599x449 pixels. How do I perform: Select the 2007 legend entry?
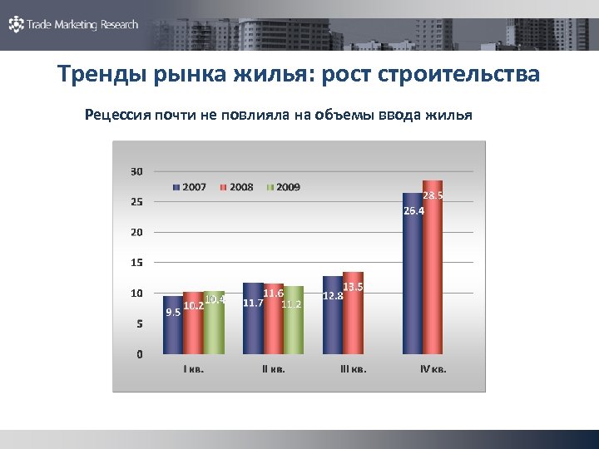point(190,187)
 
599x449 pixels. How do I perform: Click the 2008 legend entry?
point(236,187)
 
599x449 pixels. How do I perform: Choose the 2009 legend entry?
point(284,187)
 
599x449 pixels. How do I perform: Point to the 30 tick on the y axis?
point(136,171)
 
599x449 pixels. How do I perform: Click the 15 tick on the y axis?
point(136,263)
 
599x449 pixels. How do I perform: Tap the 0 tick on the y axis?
point(139,354)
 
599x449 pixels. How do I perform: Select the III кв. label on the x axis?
point(353,369)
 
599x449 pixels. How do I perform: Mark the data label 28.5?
point(433,195)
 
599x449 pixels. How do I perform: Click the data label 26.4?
point(413,211)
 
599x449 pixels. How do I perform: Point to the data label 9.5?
point(173,313)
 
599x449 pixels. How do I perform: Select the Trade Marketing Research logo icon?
point(16,25)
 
